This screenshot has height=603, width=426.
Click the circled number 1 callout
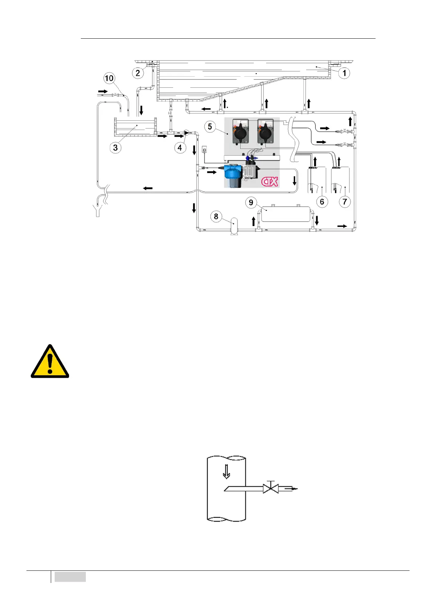click(x=344, y=73)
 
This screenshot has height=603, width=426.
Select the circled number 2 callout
click(x=138, y=73)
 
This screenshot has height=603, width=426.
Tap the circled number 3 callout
click(x=115, y=148)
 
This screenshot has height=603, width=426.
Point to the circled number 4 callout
click(x=180, y=148)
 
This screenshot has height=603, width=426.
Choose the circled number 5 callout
click(x=210, y=126)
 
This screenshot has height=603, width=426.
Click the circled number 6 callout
click(x=322, y=202)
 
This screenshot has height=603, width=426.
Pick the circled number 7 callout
click(x=345, y=202)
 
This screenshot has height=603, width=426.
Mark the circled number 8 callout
click(x=216, y=216)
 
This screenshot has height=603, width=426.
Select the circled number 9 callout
click(x=251, y=203)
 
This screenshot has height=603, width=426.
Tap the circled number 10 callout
click(x=109, y=78)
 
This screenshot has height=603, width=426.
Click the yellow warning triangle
click(x=50, y=362)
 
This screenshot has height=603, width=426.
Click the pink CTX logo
click(x=270, y=182)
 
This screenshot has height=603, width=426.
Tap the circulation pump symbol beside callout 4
click(x=186, y=133)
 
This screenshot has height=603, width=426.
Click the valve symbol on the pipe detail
click(x=271, y=488)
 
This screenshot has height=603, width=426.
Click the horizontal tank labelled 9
click(x=285, y=213)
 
